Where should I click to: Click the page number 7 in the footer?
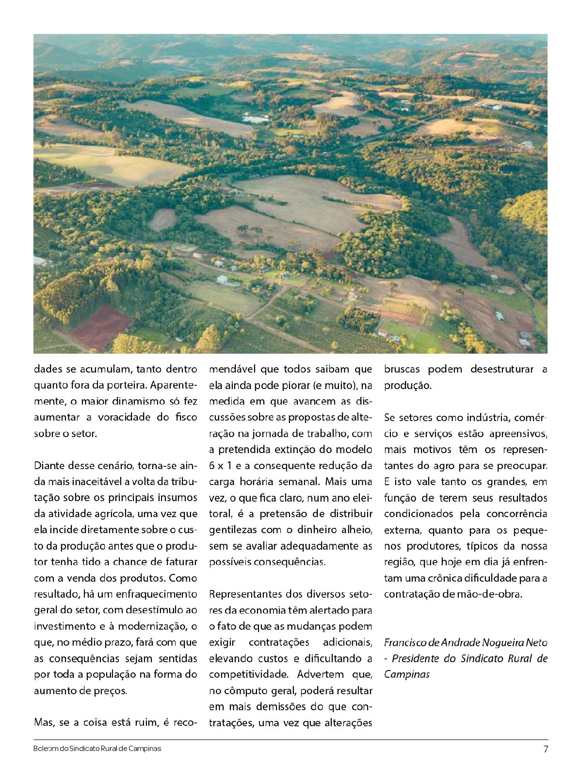click(x=545, y=749)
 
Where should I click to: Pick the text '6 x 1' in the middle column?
click(x=220, y=466)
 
